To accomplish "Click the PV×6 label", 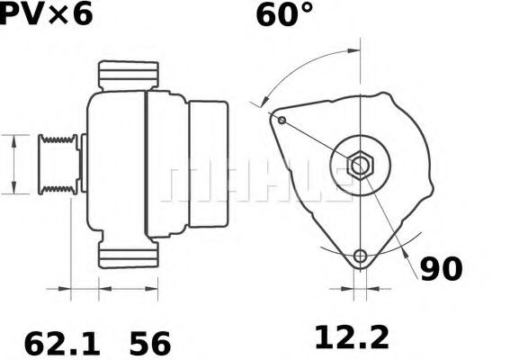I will (x=46, y=15).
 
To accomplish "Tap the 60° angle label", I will (x=284, y=15).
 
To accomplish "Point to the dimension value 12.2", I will (x=351, y=338).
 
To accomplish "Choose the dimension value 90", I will (x=440, y=269).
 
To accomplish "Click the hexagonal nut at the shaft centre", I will (x=360, y=166).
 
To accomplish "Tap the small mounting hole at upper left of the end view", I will (x=282, y=120).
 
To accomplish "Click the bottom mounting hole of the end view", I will (x=361, y=256).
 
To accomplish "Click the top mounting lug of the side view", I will (x=128, y=75).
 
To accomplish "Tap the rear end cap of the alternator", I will (x=207, y=165).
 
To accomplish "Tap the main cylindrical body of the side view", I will (x=117, y=165).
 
